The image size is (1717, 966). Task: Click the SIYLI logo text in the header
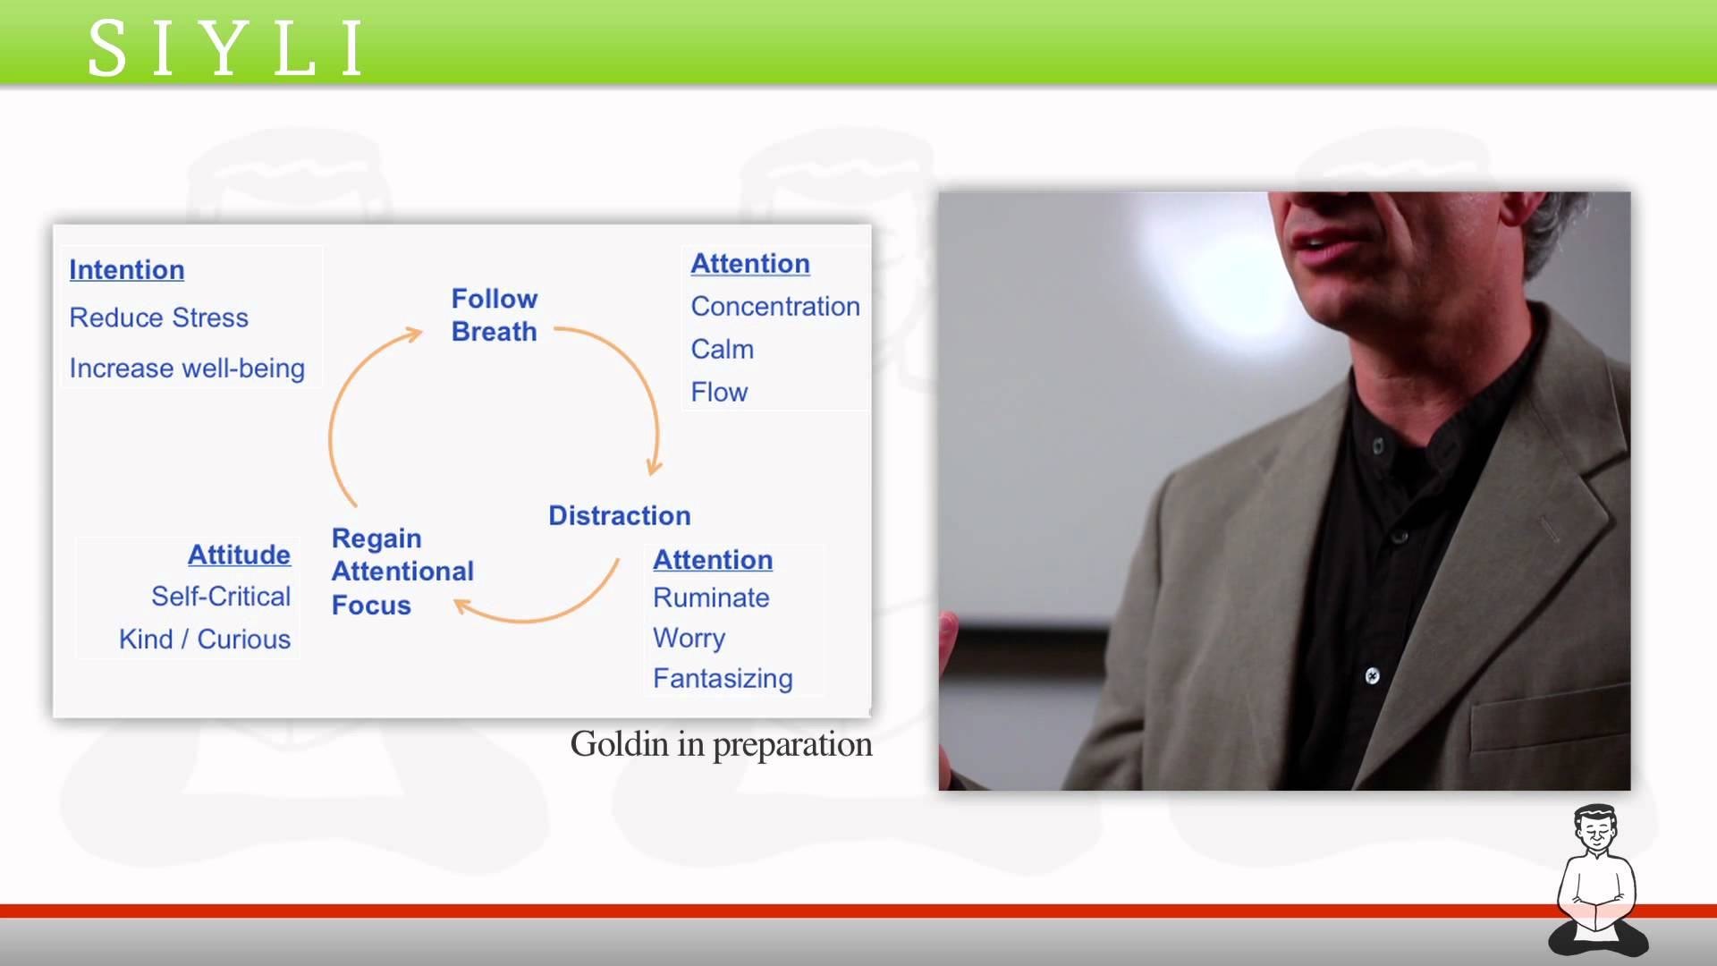pos(226,48)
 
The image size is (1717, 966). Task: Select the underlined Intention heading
pos(127,270)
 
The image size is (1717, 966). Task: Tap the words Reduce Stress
pos(159,318)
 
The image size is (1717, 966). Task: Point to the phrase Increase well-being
pos(187,369)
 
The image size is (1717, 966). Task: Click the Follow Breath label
pos(495,315)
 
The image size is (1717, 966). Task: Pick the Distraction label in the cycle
pos(620,516)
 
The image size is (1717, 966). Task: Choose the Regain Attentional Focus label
pos(402,572)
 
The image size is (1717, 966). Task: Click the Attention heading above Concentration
pos(750,264)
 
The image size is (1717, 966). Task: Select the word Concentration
pos(775,307)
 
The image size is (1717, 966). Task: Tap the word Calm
pos(723,350)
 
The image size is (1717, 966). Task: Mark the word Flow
pos(719,393)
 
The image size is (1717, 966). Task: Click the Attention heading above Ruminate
pos(713,560)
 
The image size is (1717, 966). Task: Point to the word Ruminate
pos(711,598)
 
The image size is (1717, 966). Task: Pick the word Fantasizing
pos(723,679)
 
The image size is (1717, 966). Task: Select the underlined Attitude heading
pos(239,555)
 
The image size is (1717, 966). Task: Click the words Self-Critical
pos(221,597)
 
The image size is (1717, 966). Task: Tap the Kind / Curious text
pos(205,640)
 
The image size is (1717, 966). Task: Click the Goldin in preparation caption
pos(721,745)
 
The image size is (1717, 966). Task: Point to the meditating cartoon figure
pos(1598,881)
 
